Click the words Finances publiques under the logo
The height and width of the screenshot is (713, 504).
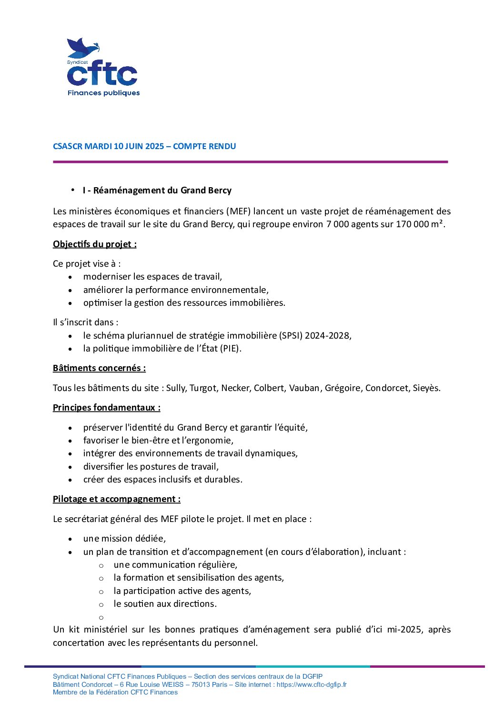coord(103,93)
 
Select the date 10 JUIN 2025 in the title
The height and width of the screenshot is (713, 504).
coord(139,146)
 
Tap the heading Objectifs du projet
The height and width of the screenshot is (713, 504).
coord(94,244)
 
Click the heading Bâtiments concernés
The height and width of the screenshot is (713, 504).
coord(99,368)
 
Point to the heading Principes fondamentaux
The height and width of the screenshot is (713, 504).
coord(106,408)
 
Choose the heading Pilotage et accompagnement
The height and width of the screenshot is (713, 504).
coord(116,499)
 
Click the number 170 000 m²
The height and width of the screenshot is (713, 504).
coord(419,224)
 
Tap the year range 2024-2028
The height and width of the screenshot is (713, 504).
coord(328,336)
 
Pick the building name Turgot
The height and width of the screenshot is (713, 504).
coord(203,388)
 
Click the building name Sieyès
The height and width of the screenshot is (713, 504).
coord(427,388)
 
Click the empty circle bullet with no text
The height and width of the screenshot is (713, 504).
coord(101,618)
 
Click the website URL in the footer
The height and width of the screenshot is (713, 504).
coord(312,685)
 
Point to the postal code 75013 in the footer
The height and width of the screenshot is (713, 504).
coord(201,685)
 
